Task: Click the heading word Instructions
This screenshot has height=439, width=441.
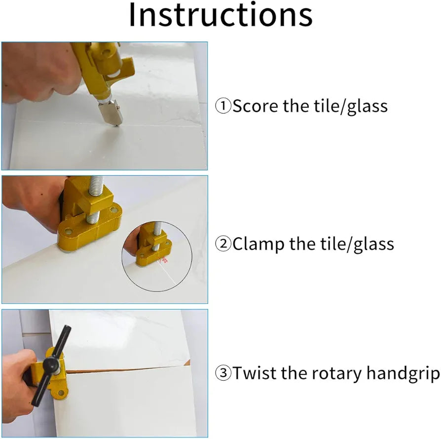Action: pyautogui.click(x=221, y=15)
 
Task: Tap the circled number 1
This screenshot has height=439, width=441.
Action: pyautogui.click(x=223, y=106)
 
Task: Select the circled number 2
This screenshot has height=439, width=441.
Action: pyautogui.click(x=223, y=243)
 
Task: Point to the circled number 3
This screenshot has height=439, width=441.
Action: pyautogui.click(x=223, y=373)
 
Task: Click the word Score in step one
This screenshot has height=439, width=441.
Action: pyautogui.click(x=256, y=106)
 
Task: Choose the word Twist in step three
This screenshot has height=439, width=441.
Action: pyautogui.click(x=256, y=373)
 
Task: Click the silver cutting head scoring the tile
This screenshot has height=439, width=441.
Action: pyautogui.click(x=111, y=113)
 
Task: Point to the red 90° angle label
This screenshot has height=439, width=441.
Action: pyautogui.click(x=163, y=260)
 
